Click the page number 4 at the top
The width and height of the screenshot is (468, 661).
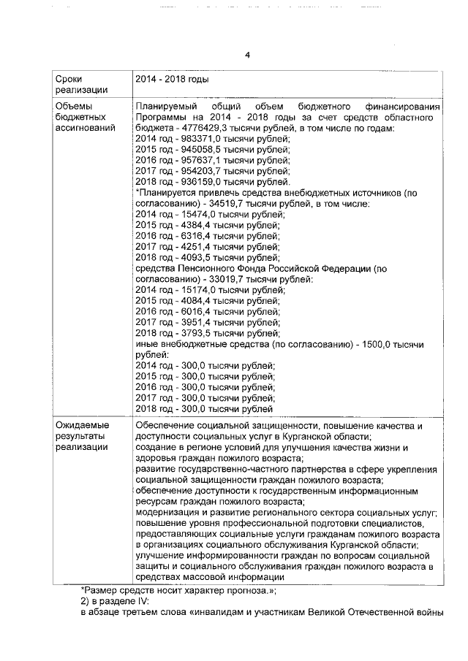pos(247,55)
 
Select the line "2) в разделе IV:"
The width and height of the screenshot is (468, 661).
pos(114,600)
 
